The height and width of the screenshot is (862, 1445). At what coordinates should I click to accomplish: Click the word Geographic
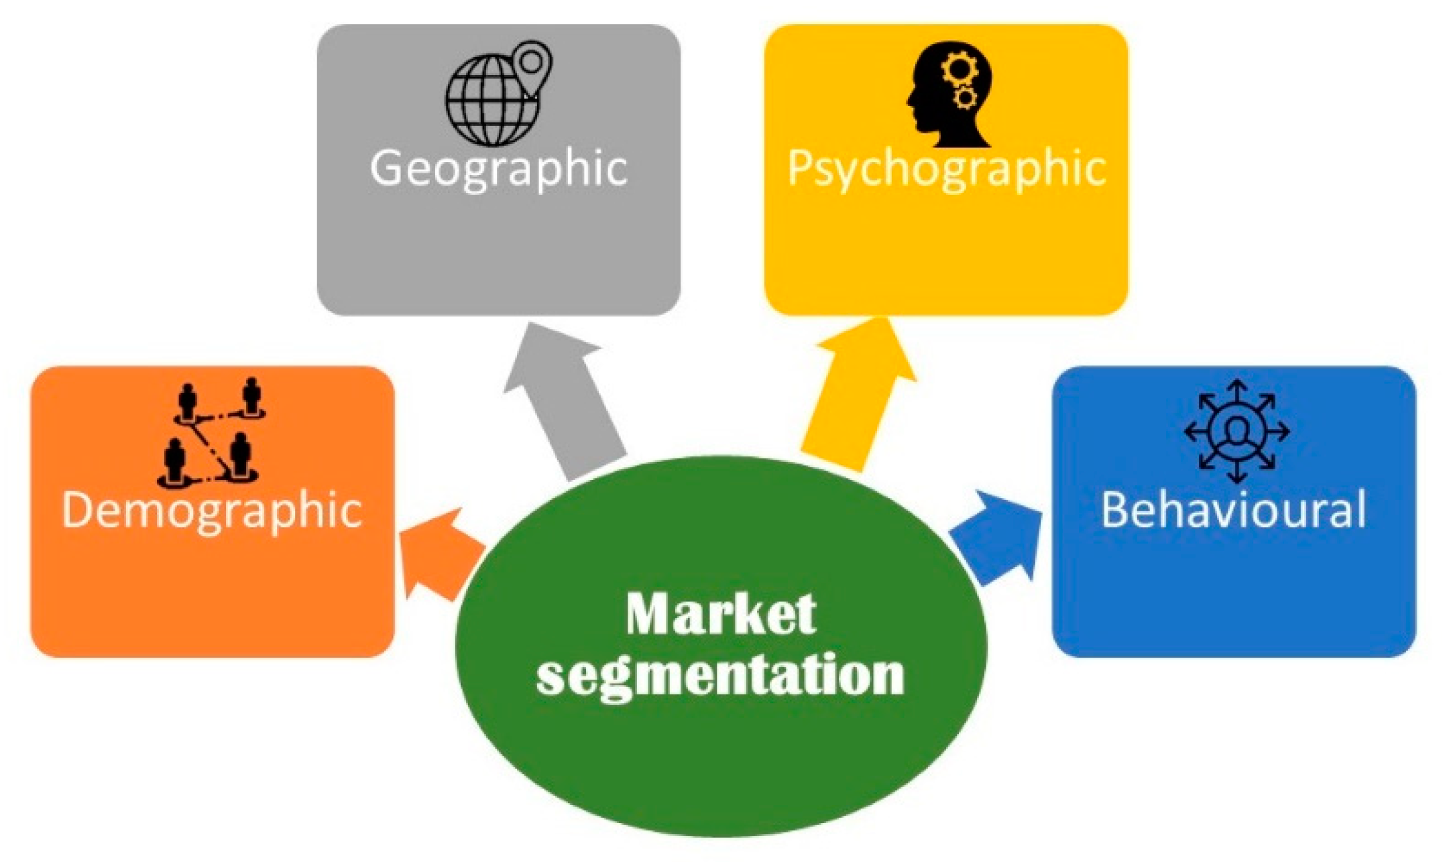click(x=498, y=168)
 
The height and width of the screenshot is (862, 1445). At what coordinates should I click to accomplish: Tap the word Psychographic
click(x=946, y=168)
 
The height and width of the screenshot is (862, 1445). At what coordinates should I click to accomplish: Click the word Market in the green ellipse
click(x=721, y=613)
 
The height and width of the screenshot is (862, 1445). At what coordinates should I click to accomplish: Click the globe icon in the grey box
click(x=492, y=101)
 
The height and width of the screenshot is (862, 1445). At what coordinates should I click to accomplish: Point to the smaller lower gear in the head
click(x=966, y=99)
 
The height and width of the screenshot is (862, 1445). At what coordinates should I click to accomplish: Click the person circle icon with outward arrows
click(x=1236, y=431)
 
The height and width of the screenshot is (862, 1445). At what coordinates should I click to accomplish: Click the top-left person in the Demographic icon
click(x=187, y=401)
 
